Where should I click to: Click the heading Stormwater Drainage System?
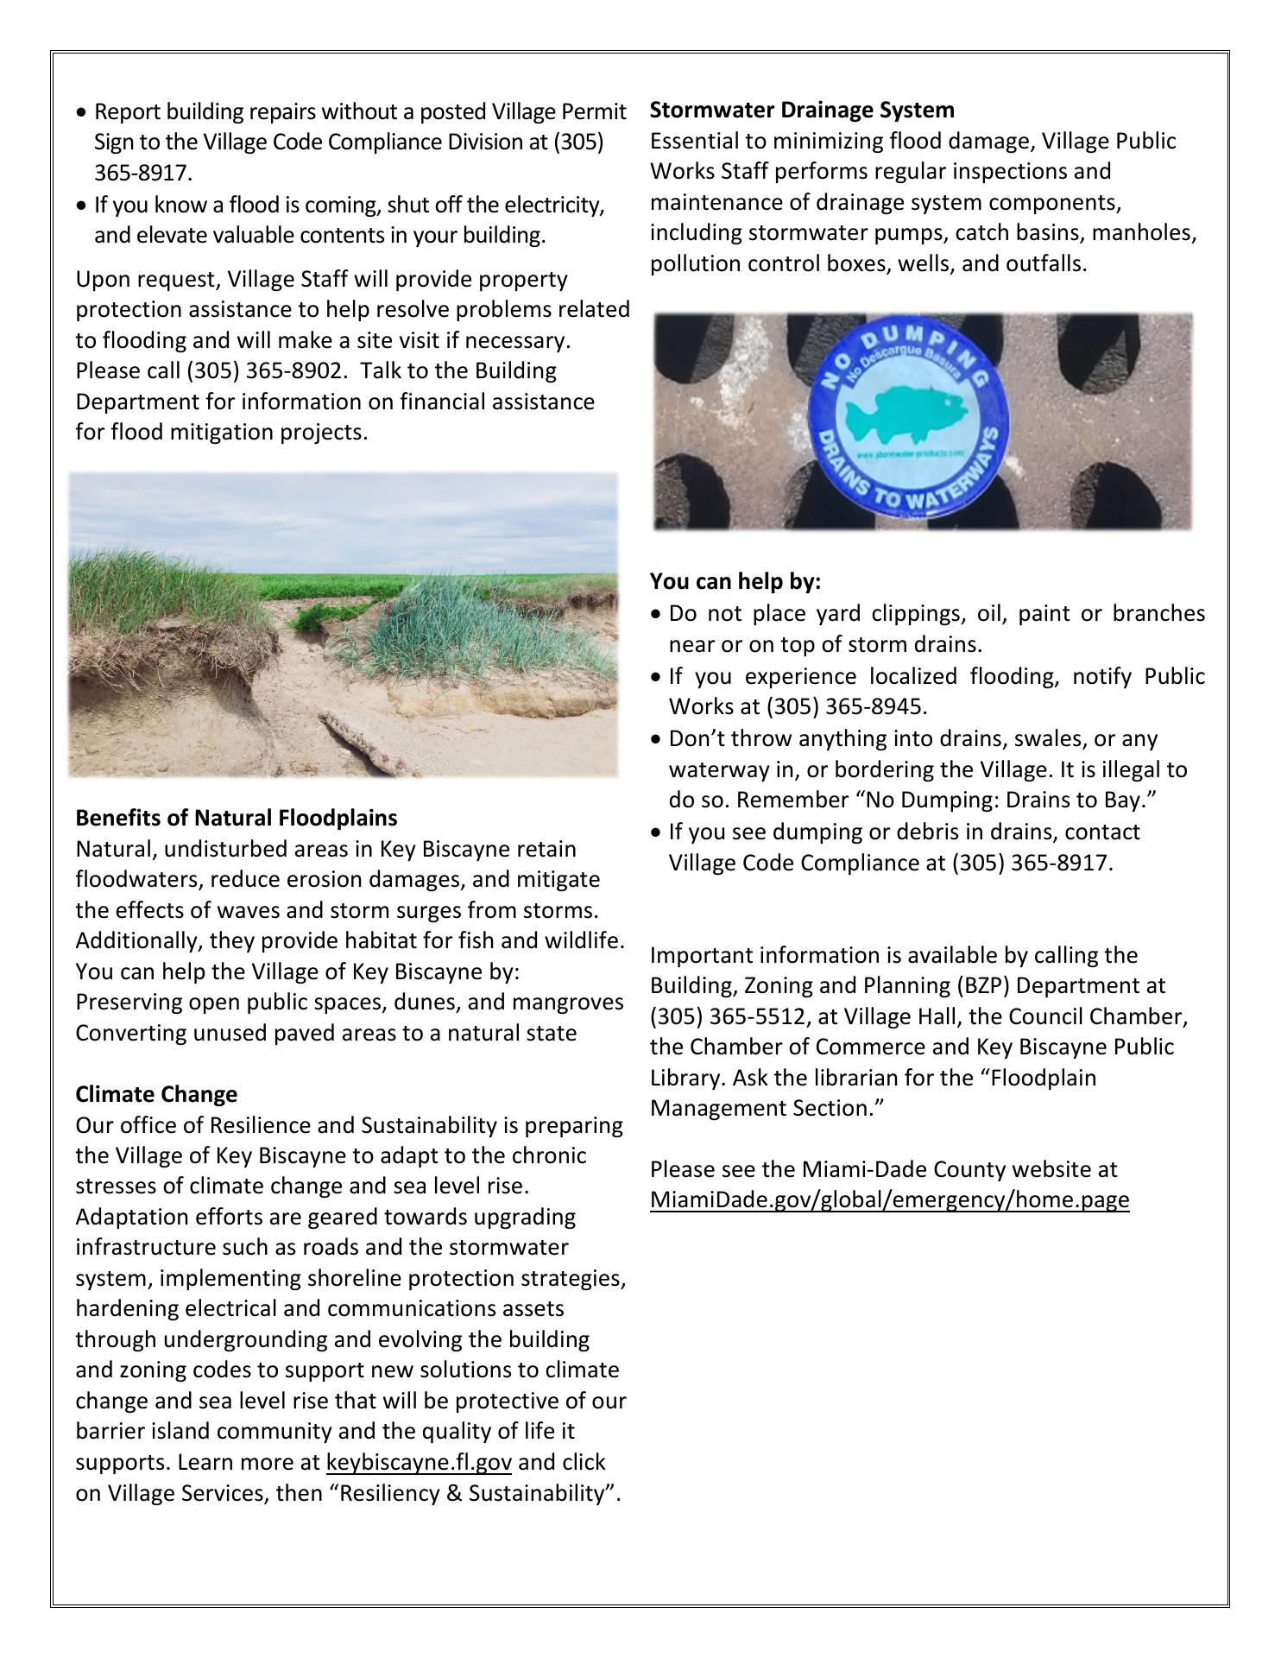[x=802, y=110]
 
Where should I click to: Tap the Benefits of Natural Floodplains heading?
[x=237, y=818]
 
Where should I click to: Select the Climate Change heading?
[x=156, y=1094]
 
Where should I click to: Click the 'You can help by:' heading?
[x=735, y=581]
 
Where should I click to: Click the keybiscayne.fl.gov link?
[x=420, y=1462]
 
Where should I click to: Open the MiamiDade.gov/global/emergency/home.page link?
[x=889, y=1199]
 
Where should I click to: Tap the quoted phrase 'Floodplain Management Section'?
[x=873, y=1093]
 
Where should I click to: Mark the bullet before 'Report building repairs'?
[x=82, y=112]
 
